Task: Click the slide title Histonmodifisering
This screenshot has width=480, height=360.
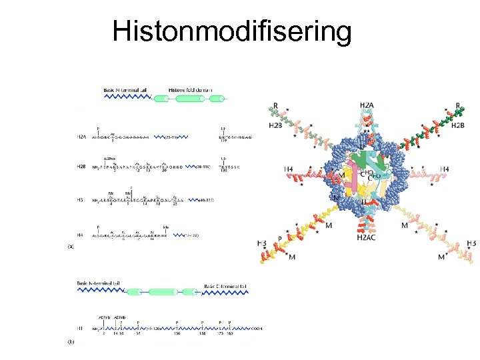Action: pos(232,31)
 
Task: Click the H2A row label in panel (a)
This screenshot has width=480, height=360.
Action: pos(81,137)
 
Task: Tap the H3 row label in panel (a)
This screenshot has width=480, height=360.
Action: pos(80,199)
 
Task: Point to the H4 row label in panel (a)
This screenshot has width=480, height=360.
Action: pos(80,234)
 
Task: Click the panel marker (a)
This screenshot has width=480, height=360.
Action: pos(71,246)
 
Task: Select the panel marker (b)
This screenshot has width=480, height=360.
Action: pos(71,343)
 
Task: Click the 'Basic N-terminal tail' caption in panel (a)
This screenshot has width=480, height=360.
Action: pos(126,89)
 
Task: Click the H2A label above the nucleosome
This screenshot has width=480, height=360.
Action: pos(366,105)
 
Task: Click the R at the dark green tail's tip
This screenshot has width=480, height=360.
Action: pos(458,105)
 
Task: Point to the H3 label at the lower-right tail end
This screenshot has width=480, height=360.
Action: pos(471,243)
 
